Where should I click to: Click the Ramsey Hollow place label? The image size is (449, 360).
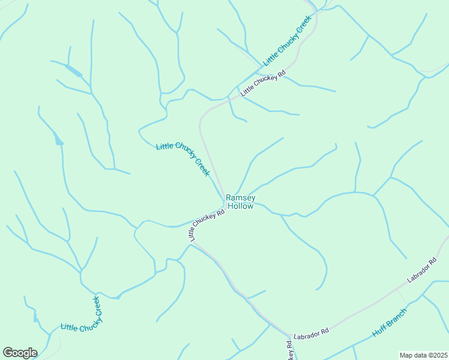[x=240, y=202]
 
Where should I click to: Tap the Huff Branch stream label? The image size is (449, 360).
[x=389, y=322]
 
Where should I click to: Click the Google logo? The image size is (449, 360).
[x=20, y=353]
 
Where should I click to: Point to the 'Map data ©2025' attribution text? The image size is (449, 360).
[x=424, y=355]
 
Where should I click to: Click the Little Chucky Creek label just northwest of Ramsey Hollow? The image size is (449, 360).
[x=182, y=159]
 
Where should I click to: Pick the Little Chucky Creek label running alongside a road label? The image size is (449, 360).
[x=289, y=41]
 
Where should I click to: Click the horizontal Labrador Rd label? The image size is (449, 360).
[x=311, y=331]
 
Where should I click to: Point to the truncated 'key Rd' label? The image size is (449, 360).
[x=290, y=350]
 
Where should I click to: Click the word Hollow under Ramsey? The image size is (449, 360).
[x=240, y=206]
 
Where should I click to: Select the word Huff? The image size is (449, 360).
[x=379, y=331]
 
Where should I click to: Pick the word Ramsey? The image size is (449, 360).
[x=240, y=197]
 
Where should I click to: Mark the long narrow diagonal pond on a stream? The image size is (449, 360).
[x=74, y=71]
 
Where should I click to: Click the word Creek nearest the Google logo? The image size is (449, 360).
[x=96, y=307]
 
